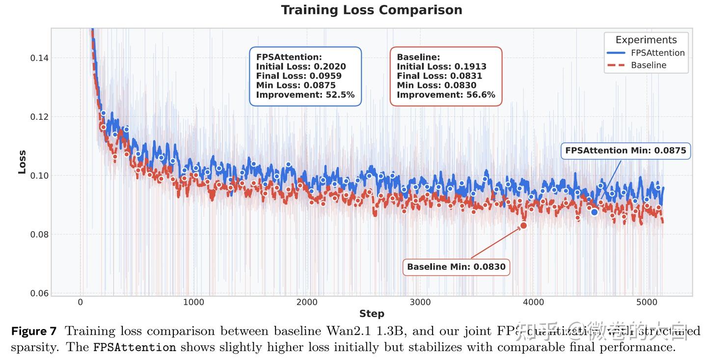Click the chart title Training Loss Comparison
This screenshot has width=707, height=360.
pos(371,10)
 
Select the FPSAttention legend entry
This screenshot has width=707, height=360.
pos(657,53)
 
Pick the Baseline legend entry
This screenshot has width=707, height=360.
pos(649,65)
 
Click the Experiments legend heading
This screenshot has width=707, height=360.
pos(646,40)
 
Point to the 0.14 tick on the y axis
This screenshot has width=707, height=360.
pos(39,58)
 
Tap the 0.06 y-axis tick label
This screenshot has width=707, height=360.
pos(39,294)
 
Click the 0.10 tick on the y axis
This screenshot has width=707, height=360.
pos(39,176)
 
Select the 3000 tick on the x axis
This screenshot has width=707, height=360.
pos(420,302)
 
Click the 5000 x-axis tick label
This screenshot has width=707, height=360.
pos(647,302)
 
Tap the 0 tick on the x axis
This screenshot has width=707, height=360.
pos(81,302)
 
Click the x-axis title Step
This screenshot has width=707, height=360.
pos(371,314)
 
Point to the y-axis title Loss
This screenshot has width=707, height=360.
pos(22,162)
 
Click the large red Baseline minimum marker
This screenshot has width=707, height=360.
pos(523,225)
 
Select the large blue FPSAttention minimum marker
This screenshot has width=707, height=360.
pos(594,212)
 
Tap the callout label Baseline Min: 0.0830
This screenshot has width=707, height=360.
pos(456,267)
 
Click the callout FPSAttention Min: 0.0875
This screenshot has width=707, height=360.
pos(625,151)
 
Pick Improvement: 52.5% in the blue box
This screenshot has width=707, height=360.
pos(305,95)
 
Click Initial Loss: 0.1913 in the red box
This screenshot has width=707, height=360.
pos(441,67)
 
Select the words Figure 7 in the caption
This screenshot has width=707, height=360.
pos(33,332)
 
